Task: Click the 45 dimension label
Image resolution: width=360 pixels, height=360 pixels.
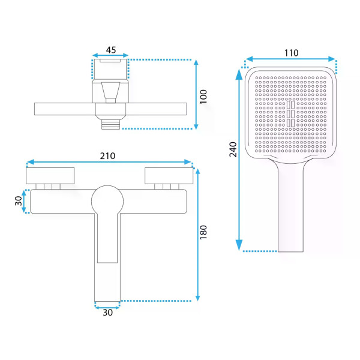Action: coord(111,50)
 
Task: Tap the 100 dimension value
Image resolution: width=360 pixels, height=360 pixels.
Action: coord(203,97)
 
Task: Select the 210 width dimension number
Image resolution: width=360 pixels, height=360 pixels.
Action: coord(107,156)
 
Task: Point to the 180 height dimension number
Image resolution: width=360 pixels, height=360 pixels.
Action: coord(203,232)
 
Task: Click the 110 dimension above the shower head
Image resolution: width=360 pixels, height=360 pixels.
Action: coord(292,53)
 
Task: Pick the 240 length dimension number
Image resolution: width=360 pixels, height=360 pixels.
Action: coord(233,149)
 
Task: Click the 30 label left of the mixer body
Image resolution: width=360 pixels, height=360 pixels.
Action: coord(19,201)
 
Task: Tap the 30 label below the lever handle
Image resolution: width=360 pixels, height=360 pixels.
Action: coord(107,313)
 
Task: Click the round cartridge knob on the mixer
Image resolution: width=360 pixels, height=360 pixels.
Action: coord(107,201)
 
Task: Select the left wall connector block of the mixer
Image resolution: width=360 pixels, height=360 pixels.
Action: coord(50,176)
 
